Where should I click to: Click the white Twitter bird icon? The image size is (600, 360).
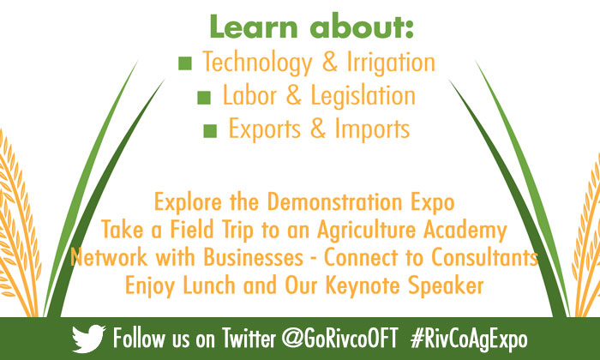(88, 339)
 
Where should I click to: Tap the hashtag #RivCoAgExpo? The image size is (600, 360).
(469, 339)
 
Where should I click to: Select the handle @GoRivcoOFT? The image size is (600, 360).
(339, 339)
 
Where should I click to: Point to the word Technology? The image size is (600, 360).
(257, 63)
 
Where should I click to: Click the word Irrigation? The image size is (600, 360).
(391, 63)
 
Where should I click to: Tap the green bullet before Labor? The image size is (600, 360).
(204, 98)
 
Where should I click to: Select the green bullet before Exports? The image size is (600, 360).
(210, 131)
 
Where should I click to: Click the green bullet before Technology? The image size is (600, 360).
(185, 63)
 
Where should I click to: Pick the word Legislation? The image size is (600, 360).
(363, 96)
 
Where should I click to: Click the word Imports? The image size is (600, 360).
(372, 129)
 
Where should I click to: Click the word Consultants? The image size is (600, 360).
(484, 257)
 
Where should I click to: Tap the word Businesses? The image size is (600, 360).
(254, 257)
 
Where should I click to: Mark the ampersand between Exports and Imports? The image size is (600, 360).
(318, 129)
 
